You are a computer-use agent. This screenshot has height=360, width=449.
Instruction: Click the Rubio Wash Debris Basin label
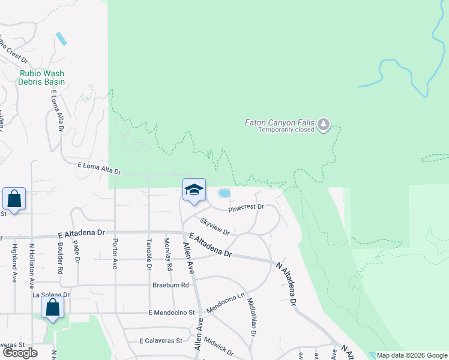pos(41,77)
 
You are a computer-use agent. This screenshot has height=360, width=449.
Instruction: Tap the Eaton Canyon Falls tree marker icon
pos(324,124)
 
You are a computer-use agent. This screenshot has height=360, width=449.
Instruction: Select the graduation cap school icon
pos(194,190)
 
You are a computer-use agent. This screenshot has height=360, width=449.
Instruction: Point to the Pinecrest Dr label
pos(246,207)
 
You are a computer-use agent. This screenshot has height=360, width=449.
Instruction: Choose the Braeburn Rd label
pos(166,286)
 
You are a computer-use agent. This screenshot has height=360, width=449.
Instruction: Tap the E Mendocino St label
pos(172,313)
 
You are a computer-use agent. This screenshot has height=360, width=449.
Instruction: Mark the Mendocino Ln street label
pos(227,302)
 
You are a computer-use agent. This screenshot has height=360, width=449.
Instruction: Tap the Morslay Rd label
pos(168,254)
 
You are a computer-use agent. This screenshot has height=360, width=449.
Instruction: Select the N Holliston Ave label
pos(32,263)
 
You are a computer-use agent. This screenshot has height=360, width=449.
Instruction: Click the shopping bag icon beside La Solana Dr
pos(53,307)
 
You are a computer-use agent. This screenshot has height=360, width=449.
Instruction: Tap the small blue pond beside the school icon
pos(224,193)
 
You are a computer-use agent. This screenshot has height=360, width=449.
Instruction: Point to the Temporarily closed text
pos(286,130)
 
